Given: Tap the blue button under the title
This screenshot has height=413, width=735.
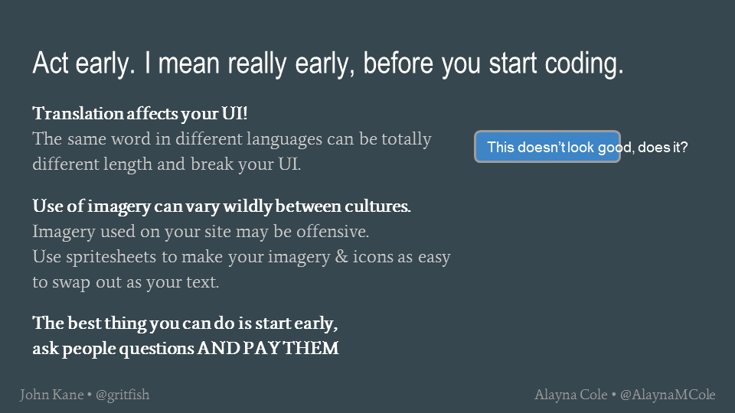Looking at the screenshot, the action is pos(547,147).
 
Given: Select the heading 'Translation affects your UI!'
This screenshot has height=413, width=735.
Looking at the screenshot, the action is pos(139,114).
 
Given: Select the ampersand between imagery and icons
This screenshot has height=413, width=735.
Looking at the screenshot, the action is pos(341,257).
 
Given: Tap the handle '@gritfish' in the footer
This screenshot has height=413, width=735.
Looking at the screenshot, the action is pos(122,395).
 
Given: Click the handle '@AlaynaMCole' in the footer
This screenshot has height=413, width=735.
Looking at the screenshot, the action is pos(668,395).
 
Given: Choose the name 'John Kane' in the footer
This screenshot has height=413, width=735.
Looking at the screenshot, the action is pos(51,395).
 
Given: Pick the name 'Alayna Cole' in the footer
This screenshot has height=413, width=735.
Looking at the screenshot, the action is pos(571,395).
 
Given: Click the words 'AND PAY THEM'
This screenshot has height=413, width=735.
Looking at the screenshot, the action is pos(268,349).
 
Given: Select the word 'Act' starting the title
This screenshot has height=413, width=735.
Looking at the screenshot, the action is pos(51,63).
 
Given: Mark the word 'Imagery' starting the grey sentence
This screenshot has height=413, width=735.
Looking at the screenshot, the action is pos(64,232).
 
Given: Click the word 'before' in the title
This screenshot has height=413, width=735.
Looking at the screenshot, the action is pos(398,63).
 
